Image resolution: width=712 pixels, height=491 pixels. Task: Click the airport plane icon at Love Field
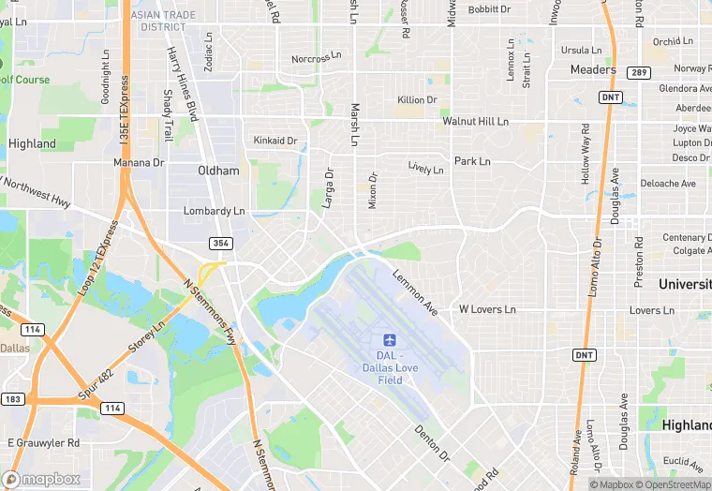391,338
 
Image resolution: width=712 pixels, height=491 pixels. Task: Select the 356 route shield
220,243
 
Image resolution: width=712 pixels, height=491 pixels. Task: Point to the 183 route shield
12,399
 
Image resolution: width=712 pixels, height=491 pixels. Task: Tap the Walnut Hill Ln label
476,122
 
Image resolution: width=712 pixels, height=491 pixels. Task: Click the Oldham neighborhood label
218,171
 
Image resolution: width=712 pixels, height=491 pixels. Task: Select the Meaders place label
593,69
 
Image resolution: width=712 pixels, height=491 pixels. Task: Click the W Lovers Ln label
487,309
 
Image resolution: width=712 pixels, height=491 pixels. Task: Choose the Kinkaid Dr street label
275,141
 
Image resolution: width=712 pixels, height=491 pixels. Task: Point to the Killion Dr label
417,100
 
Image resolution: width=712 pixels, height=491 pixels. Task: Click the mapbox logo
41,478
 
